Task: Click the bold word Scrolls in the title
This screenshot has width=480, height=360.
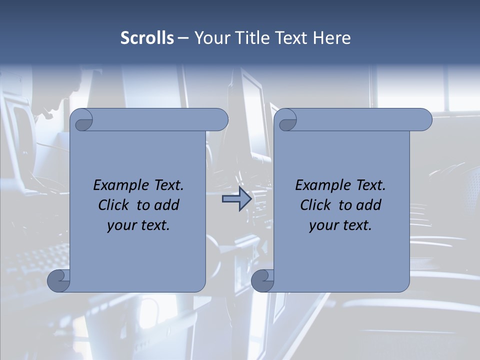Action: (x=147, y=38)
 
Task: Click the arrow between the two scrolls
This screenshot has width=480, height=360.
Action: (x=237, y=199)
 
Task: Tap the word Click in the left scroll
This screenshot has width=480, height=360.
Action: (x=113, y=205)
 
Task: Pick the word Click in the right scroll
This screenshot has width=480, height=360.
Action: (x=315, y=205)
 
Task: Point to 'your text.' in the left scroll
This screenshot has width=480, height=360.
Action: (x=138, y=225)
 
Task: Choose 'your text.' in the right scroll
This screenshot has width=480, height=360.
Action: (x=340, y=225)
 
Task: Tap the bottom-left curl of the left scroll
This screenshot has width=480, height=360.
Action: (x=58, y=280)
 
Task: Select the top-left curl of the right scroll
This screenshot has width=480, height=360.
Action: (x=287, y=120)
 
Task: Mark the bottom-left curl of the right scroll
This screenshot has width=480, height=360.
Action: (x=262, y=280)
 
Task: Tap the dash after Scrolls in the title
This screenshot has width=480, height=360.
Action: (x=183, y=38)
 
